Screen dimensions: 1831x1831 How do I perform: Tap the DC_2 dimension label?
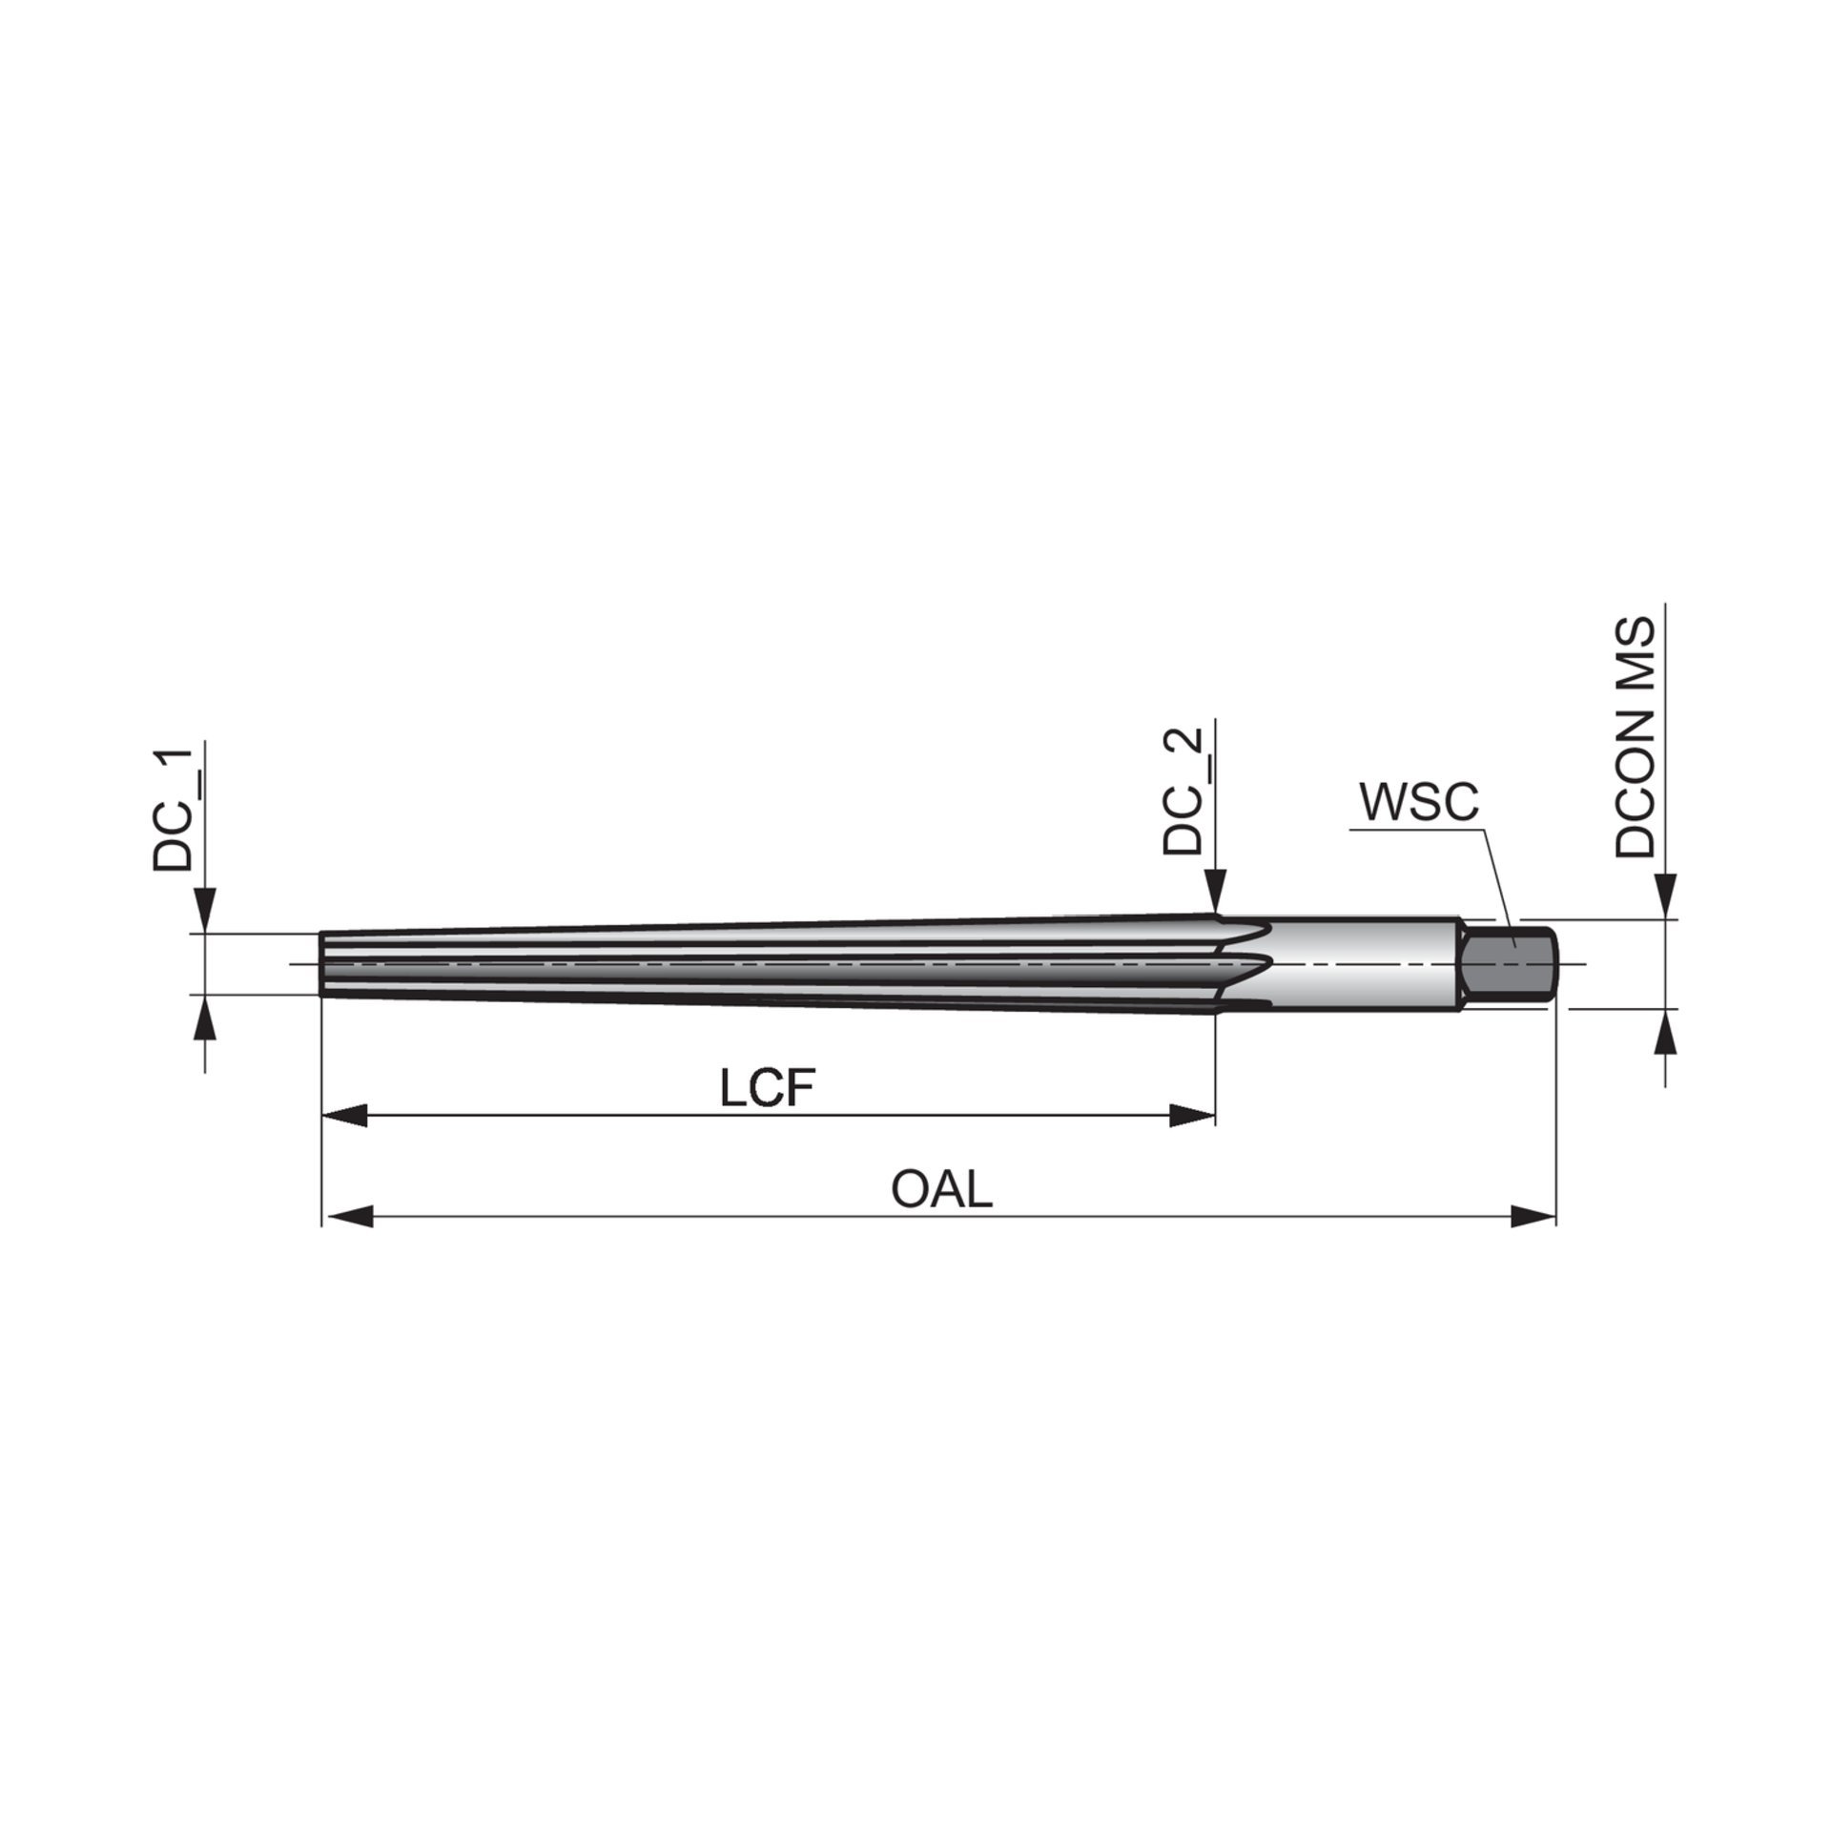tap(1182, 791)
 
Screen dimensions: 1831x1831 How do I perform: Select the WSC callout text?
tap(1419, 803)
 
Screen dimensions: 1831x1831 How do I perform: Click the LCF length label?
tap(769, 1089)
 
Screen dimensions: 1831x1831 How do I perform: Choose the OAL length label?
tap(941, 1189)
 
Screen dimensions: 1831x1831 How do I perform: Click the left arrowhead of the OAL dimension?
tap(346, 1216)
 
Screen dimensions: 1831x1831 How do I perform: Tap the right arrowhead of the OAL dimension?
tap(1533, 1216)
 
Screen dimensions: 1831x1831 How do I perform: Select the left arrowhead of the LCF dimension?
tap(344, 1116)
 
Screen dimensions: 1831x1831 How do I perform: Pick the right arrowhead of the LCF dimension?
tap(1192, 1116)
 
